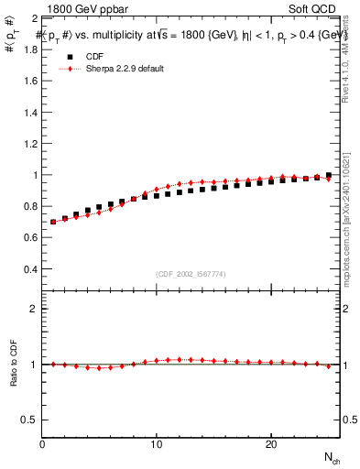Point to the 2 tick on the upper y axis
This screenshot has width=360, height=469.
coord(34,18)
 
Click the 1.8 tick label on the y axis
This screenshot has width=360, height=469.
coord(29,49)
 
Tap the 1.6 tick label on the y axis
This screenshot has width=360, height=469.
coord(29,81)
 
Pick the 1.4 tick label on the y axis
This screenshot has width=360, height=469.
coord(29,112)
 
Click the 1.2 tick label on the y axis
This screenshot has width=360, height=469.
coord(29,144)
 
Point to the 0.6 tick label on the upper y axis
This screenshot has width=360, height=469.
coord(29,238)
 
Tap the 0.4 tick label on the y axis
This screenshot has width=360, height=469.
coord(29,269)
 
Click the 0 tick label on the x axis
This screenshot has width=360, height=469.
coord(43,444)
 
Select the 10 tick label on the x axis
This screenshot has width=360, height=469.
coord(157,444)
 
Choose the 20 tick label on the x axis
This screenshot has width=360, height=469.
coord(271,444)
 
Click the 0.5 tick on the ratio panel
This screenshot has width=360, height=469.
coord(29,420)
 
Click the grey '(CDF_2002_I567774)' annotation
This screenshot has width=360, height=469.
coord(191,275)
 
